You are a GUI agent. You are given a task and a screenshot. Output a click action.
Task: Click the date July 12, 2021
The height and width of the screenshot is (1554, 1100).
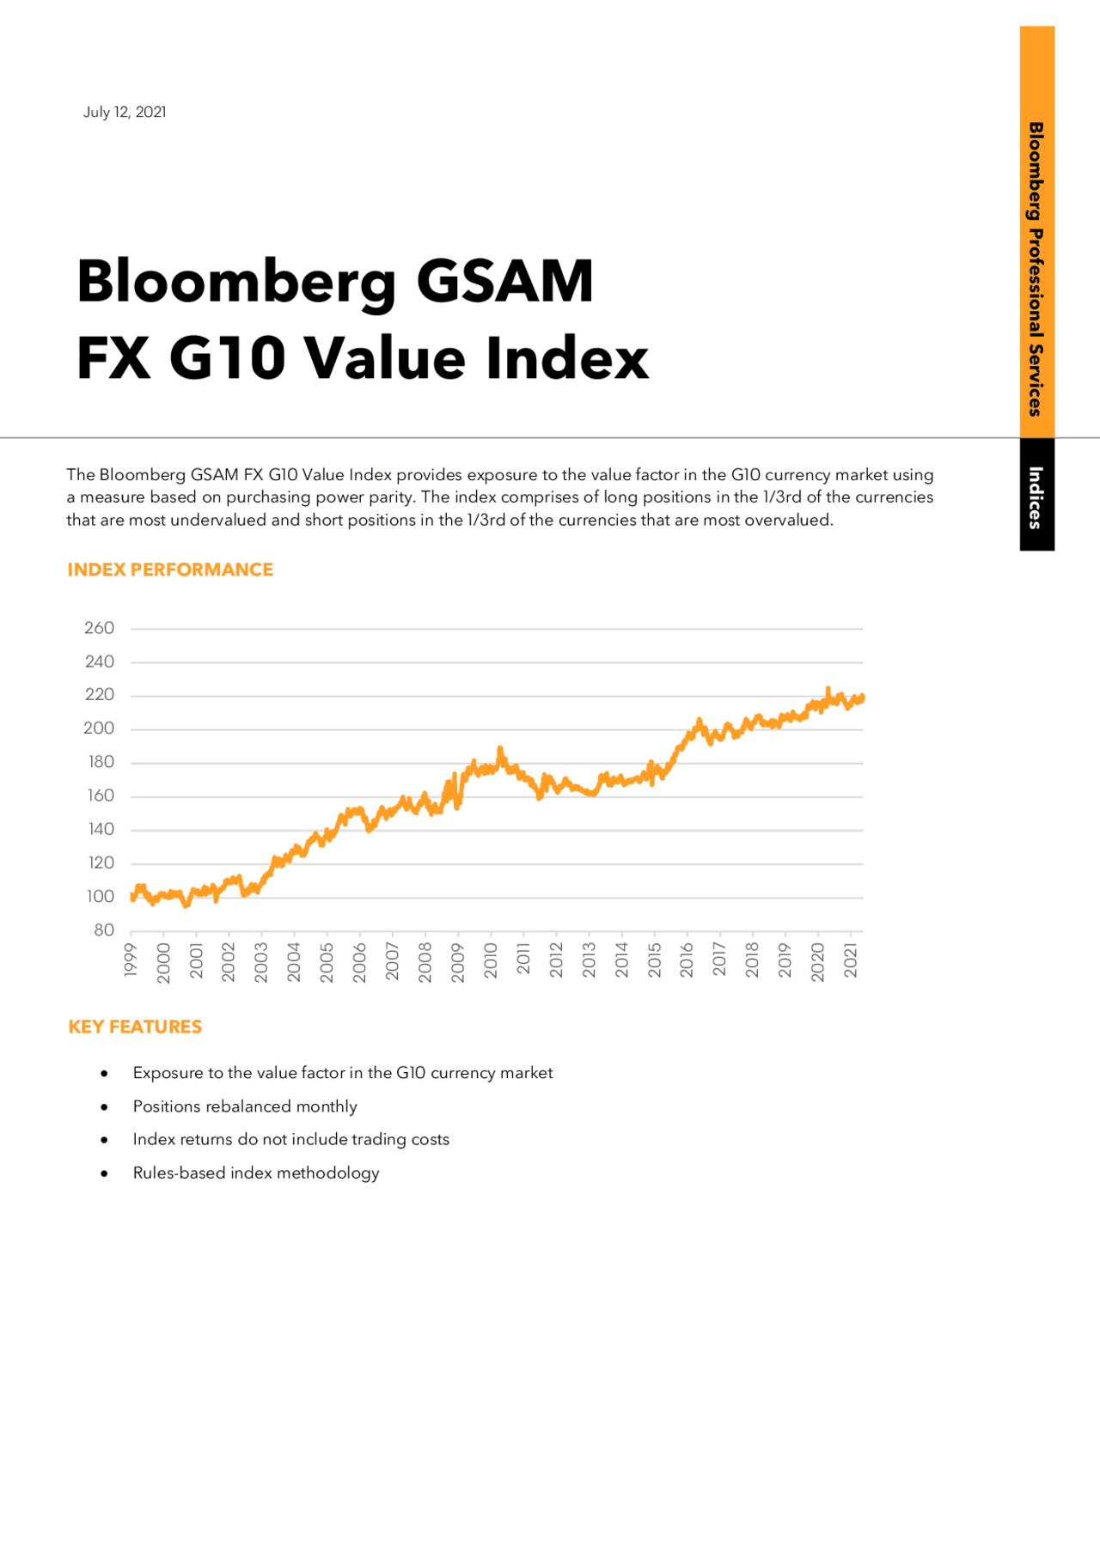[125, 113]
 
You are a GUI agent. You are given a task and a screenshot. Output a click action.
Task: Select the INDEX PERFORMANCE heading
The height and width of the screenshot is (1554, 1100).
[170, 570]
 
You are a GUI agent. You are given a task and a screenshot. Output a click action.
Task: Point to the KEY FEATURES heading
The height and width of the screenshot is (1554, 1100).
[135, 1027]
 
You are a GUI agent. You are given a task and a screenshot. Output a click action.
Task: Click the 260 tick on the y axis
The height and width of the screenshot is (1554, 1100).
[100, 628]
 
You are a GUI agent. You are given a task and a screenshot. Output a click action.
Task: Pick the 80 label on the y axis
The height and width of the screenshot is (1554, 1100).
[104, 929]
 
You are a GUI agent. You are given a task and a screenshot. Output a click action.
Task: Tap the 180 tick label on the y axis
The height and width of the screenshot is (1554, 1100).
[101, 762]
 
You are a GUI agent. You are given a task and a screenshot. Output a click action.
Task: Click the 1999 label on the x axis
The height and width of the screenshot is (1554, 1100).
[131, 960]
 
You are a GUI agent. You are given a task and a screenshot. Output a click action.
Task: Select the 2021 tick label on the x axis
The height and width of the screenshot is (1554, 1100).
[851, 960]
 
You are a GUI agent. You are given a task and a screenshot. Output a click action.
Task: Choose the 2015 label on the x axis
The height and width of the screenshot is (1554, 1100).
[654, 960]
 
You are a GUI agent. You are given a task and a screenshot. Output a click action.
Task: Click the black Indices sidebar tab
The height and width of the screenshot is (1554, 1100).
[1036, 497]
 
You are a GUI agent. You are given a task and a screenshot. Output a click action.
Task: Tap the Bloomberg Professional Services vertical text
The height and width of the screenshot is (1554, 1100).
[1036, 268]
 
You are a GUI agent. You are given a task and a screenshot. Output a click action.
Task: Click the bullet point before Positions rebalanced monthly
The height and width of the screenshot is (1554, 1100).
[104, 1107]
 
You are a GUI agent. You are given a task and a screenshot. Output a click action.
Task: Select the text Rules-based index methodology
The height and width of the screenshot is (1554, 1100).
[255, 1173]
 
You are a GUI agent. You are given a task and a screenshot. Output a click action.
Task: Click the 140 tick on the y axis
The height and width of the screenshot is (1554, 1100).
[101, 829]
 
